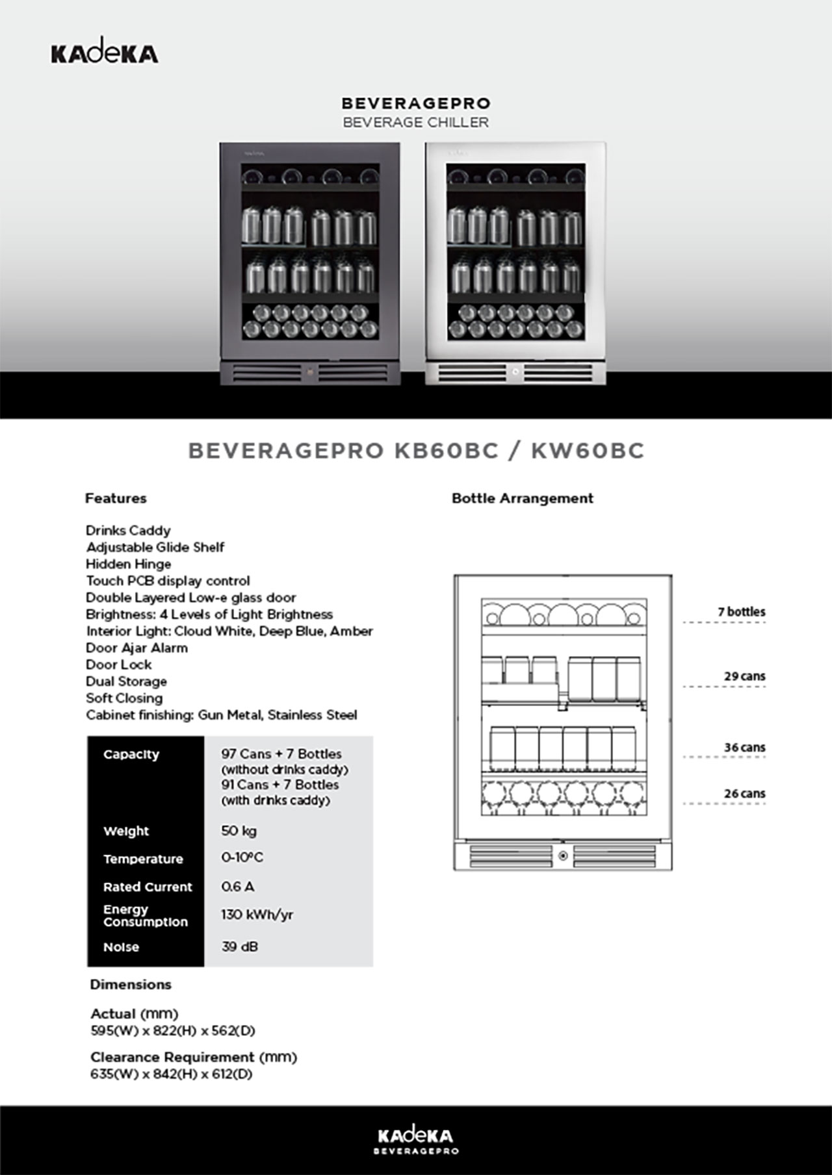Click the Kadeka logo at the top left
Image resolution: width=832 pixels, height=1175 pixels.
click(104, 53)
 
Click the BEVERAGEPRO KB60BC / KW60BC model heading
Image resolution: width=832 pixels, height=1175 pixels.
click(416, 451)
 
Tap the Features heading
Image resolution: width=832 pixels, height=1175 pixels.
click(116, 499)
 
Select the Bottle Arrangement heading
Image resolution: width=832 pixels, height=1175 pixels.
click(522, 499)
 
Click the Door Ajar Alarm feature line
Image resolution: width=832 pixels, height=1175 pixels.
click(136, 648)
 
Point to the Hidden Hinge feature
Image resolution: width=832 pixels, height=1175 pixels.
click(129, 564)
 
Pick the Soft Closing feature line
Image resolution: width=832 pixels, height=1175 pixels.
click(124, 698)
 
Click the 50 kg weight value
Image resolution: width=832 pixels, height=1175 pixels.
click(239, 831)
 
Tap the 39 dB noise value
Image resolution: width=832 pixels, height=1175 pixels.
click(239, 947)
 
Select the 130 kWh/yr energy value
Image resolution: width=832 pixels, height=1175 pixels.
click(257, 915)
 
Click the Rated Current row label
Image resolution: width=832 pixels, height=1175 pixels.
click(148, 887)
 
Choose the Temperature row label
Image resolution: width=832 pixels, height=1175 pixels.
click(143, 859)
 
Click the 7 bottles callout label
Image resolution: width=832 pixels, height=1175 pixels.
click(741, 612)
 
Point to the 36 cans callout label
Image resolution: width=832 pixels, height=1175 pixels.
click(744, 748)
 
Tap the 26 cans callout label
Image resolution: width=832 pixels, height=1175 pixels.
click(744, 794)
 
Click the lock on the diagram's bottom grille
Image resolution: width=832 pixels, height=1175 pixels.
click(563, 856)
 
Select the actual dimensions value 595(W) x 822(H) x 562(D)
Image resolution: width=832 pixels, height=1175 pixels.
click(173, 1031)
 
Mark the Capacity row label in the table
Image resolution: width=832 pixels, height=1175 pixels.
click(131, 755)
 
